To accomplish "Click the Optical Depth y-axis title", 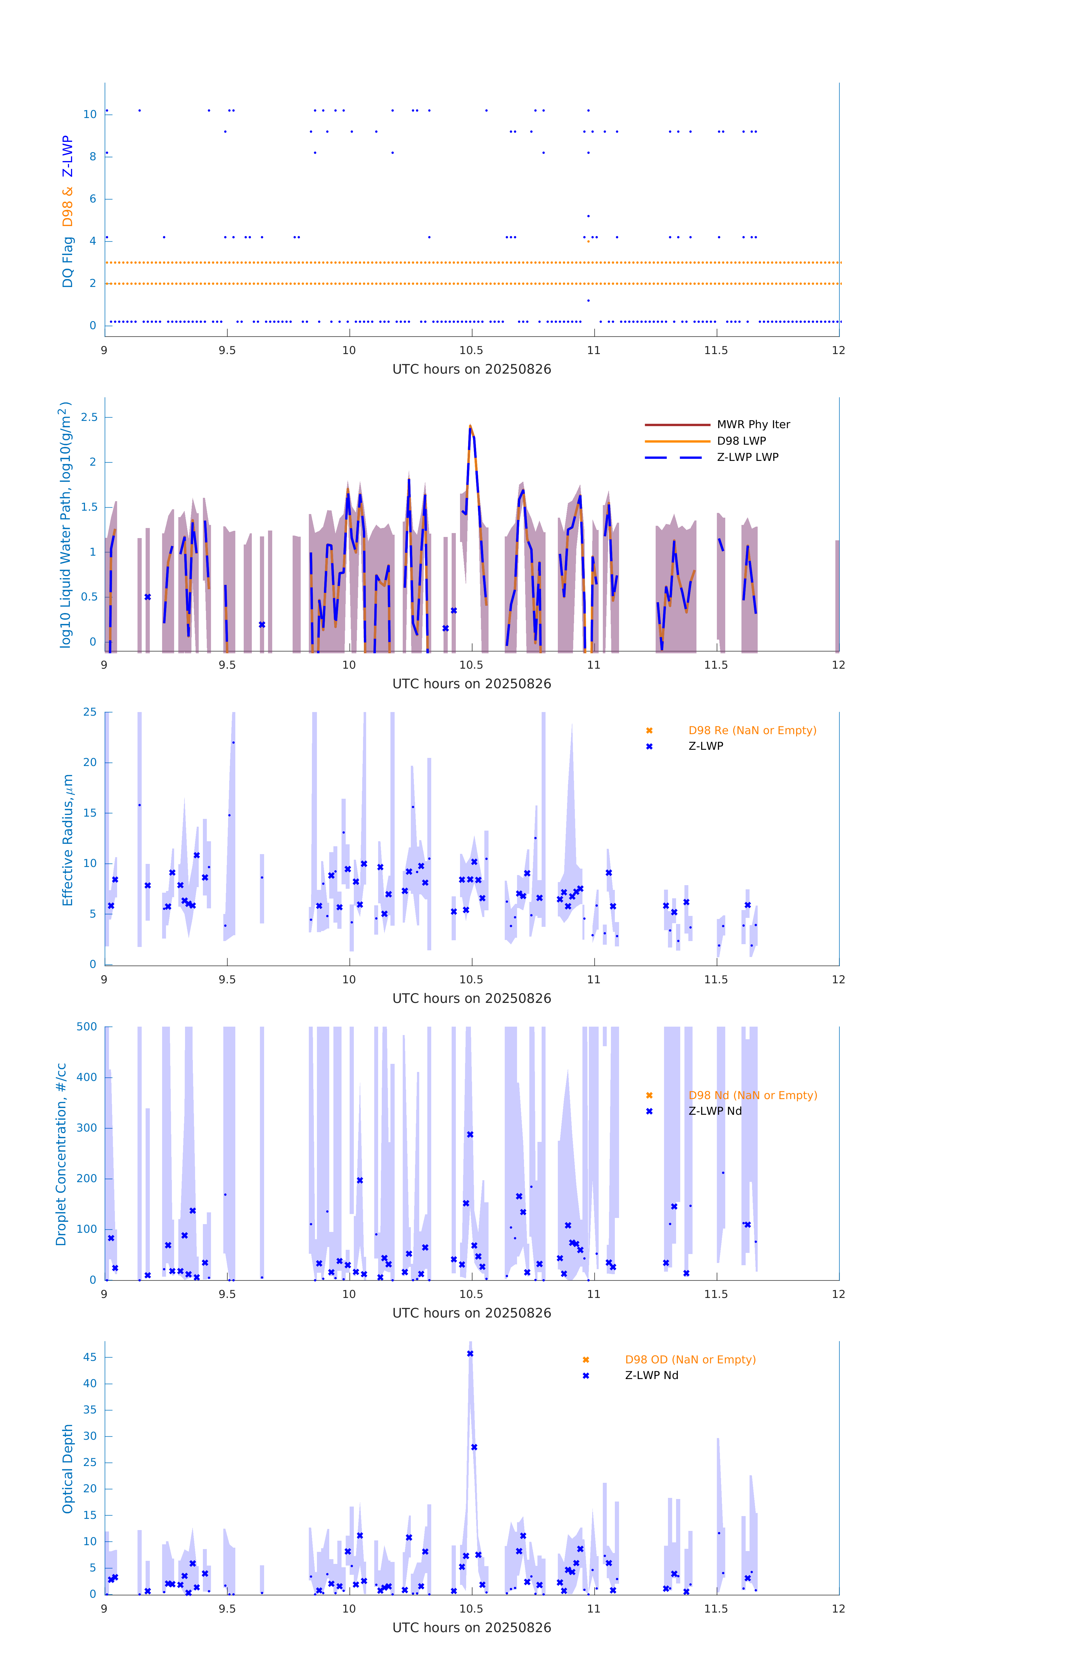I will pos(68,1469).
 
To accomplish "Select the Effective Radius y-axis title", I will pos(68,840).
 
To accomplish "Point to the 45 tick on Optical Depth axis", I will pos(90,1357).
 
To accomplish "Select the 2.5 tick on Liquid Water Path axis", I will pos(89,418).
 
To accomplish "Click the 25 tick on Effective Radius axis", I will pos(90,712).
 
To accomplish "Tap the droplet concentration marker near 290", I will pos(470,1134).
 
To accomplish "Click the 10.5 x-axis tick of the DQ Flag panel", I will pos(471,350).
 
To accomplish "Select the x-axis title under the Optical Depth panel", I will pos(471,1628).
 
